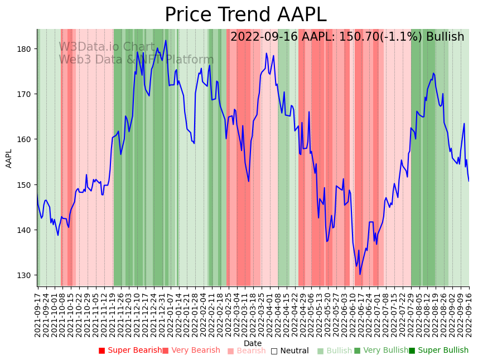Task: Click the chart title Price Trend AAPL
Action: click(245, 15)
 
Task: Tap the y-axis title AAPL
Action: click(9, 158)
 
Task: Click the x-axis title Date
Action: click(253, 343)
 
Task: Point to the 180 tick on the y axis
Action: click(25, 49)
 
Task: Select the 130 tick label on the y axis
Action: click(25, 275)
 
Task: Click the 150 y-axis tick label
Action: click(25, 184)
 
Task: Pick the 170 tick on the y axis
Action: click(25, 94)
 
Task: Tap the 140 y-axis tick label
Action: click(25, 230)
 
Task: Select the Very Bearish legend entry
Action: click(191, 351)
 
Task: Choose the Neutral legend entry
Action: click(289, 351)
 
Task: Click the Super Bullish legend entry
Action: click(438, 351)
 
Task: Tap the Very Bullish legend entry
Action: click(381, 351)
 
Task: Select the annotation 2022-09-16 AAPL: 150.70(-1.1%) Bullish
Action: click(347, 37)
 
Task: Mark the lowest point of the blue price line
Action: click(360, 274)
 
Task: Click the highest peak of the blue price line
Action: click(166, 41)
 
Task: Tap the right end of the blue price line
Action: click(469, 181)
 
